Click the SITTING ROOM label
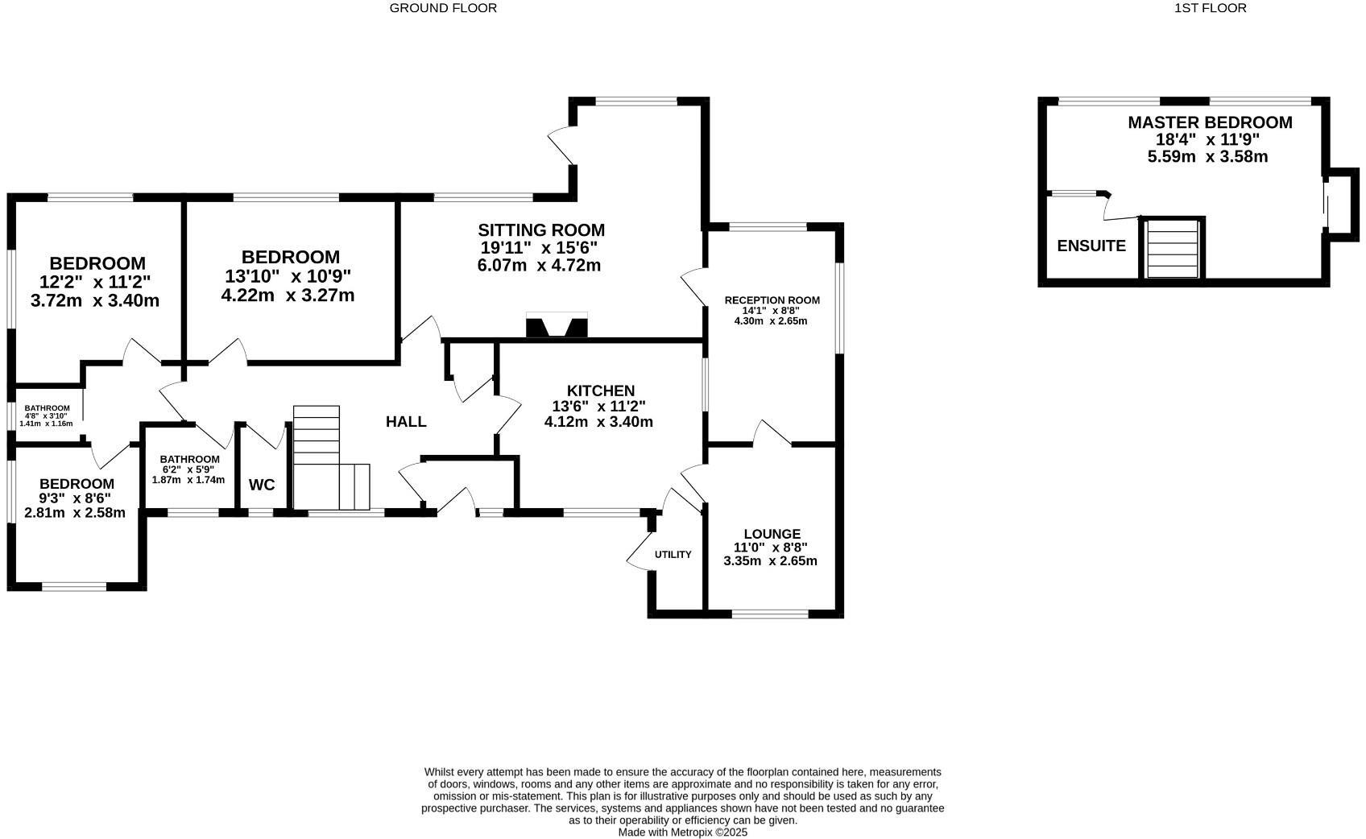[x=540, y=230]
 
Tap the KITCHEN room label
[x=600, y=391]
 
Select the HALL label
[x=406, y=422]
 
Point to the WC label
[x=262, y=485]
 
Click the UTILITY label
[x=673, y=555]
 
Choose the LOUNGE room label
[x=772, y=534]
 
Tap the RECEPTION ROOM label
[x=772, y=300]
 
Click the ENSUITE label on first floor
[x=1091, y=246]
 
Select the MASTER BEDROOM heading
[x=1209, y=122]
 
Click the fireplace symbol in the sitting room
[x=557, y=326]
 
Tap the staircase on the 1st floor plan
[x=1172, y=249]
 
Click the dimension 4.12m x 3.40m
[x=598, y=422]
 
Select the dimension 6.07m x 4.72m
[x=539, y=266]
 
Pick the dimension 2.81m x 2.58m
[x=75, y=513]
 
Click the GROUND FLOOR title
[x=443, y=8]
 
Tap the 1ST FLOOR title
[x=1210, y=8]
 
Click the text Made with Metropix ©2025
[x=683, y=833]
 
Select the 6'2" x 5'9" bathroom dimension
[x=188, y=469]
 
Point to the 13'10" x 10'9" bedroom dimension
[x=288, y=276]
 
